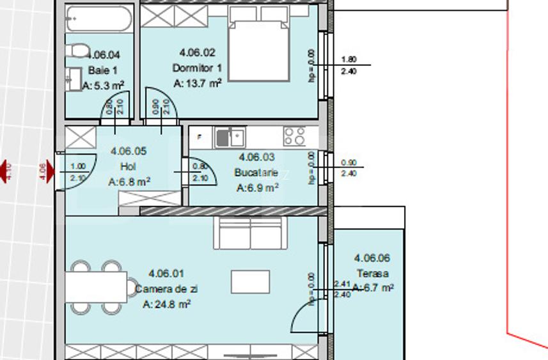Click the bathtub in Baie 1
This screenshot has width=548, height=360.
[99, 19]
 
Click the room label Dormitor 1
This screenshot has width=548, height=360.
[197, 68]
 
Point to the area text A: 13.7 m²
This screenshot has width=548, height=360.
[197, 83]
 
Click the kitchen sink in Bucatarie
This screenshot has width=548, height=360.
[230, 136]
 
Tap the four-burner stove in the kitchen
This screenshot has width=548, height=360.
[295, 136]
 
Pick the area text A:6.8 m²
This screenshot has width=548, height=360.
[129, 182]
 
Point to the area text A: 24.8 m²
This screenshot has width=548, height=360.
[166, 304]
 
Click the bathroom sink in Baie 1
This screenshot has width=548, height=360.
[72, 78]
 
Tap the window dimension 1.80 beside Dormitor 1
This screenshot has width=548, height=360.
[348, 59]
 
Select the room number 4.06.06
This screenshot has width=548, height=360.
[372, 258]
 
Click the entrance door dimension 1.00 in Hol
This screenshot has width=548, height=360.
[77, 166]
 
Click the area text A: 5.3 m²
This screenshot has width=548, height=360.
[103, 84]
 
